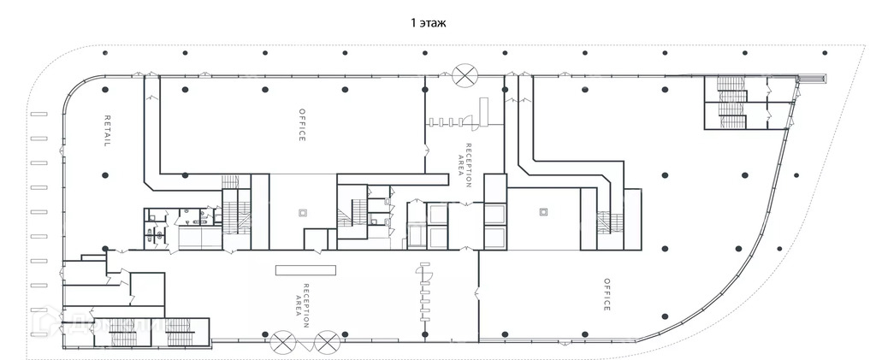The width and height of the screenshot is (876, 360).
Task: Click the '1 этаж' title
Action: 429,24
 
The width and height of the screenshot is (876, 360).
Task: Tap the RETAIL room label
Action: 108,131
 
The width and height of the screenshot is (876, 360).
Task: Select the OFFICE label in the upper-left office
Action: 302,126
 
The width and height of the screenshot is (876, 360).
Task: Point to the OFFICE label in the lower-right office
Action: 607,294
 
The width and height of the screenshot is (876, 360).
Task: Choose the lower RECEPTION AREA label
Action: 302,299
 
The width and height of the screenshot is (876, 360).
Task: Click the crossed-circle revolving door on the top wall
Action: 465,74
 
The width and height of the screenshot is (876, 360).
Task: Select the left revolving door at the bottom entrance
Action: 282,344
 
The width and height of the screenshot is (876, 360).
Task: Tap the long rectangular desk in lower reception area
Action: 305,269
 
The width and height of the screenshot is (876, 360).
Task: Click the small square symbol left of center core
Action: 302,212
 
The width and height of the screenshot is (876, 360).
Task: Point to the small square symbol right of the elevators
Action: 542,211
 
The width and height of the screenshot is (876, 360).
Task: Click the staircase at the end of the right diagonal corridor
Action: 609,221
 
